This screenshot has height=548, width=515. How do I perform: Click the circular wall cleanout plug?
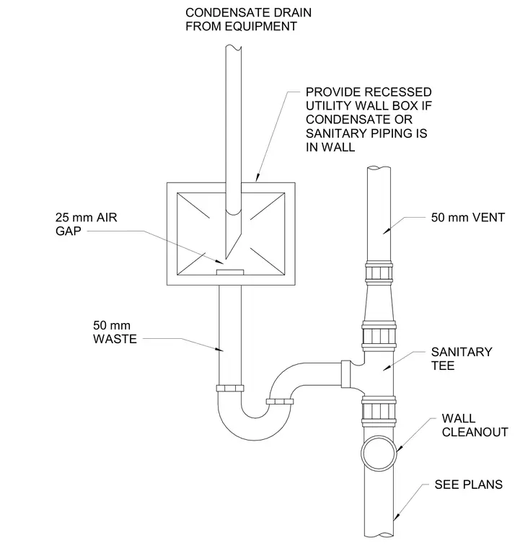pos(379,453)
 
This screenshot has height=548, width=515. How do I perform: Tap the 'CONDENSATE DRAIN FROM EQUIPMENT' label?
pos(248,19)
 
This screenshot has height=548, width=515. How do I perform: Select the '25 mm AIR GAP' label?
pos(86,224)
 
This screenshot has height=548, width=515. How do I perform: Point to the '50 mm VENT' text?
pos(468,217)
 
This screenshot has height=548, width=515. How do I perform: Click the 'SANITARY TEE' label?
pos(462,358)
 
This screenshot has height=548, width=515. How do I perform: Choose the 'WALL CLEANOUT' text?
pos(475,425)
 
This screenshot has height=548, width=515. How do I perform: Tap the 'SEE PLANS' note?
pos(469,485)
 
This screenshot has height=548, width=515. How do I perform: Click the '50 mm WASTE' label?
pos(115,332)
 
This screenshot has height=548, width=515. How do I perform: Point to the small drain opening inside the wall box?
pos(230,273)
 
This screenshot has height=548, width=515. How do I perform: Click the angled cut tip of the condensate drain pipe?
pos(226,258)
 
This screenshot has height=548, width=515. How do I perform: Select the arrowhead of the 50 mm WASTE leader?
pos(219,349)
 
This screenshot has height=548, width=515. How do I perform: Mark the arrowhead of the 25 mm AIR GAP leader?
pos(220,262)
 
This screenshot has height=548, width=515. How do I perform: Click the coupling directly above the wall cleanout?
pos(379,412)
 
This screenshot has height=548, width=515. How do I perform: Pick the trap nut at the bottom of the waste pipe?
pos(230,388)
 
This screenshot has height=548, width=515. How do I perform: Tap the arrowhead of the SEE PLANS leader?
pos(396,517)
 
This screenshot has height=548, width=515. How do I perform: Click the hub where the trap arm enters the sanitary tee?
pos(345,374)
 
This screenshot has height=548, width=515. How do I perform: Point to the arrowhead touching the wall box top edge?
pos(257,178)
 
